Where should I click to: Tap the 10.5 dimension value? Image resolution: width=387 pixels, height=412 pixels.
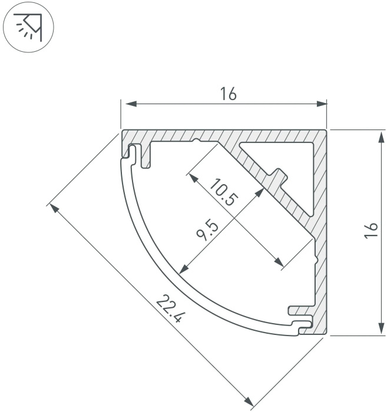(224, 192)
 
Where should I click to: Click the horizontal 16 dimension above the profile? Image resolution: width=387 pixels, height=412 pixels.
(229, 95)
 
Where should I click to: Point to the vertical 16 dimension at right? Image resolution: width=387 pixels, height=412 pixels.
(371, 231)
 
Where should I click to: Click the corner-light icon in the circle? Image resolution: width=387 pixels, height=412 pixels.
(29, 27)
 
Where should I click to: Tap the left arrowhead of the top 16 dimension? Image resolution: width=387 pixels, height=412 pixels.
(131, 104)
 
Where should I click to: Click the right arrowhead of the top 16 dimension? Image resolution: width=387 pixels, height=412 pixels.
(322, 104)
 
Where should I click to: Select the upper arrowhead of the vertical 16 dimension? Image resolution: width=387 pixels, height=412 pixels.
(381, 137)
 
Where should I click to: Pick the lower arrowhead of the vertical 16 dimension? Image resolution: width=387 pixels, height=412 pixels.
(381, 328)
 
